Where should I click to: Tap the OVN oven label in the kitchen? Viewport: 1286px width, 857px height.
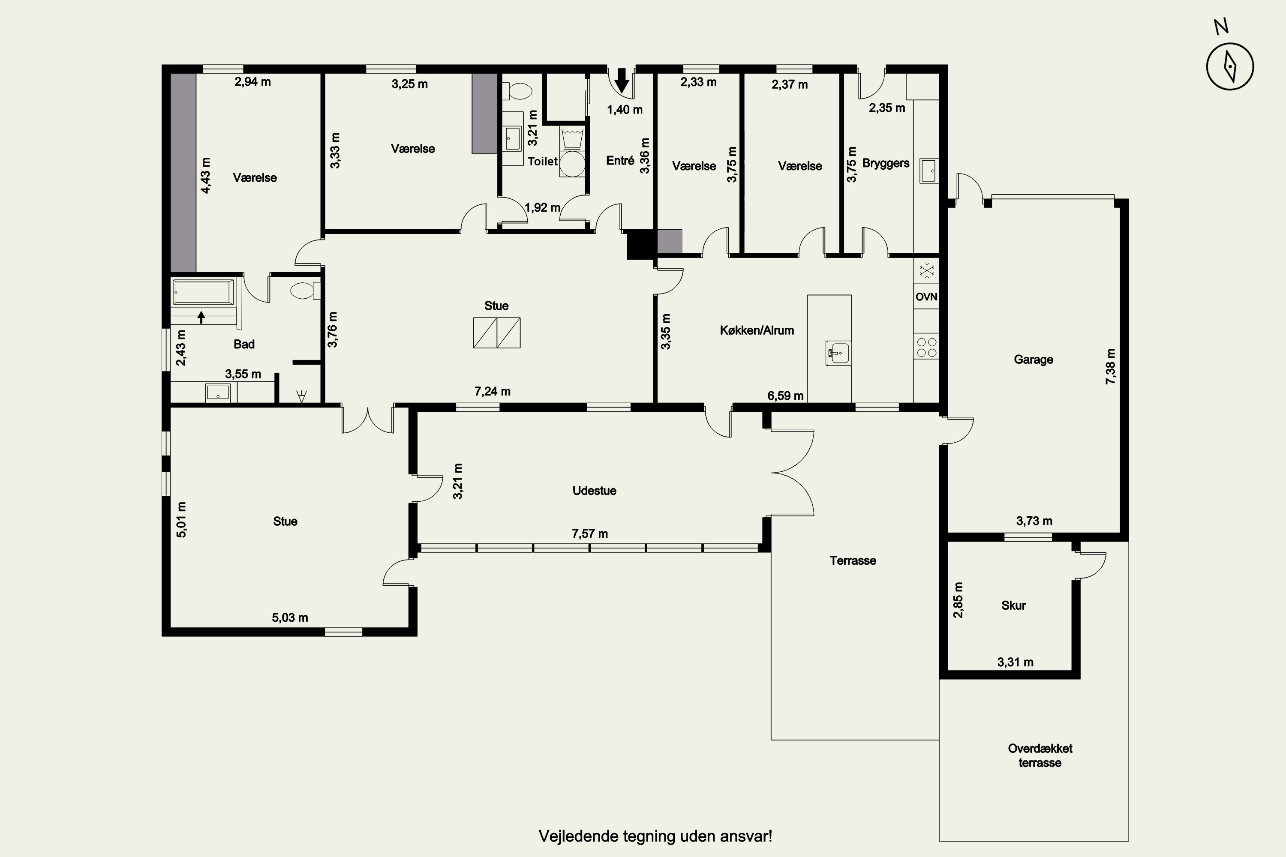[926, 297]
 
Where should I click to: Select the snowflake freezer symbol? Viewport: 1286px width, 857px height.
[926, 270]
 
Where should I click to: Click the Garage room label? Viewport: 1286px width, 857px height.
[1034, 359]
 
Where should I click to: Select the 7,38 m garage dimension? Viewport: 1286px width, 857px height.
[1111, 366]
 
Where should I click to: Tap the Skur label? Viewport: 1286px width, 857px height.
[1013, 605]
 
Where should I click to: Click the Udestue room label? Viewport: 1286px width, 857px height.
[594, 490]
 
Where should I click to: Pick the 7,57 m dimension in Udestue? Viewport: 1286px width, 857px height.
[590, 533]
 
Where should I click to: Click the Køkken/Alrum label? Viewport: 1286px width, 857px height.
[757, 330]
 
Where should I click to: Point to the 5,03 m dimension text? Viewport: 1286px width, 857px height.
[290, 617]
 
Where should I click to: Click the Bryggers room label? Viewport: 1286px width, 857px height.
[886, 163]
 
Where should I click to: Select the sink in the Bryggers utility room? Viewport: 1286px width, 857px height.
[929, 171]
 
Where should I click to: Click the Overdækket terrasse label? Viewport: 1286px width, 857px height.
[1040, 755]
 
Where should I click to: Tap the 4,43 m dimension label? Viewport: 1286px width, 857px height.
[206, 175]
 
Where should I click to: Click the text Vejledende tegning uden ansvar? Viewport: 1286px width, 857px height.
[655, 836]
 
